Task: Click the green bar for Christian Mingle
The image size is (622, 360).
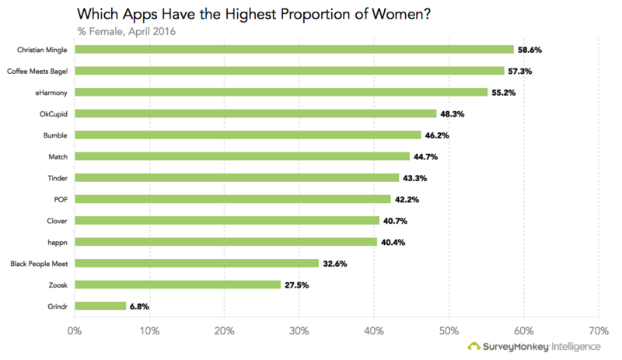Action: pyautogui.click(x=294, y=50)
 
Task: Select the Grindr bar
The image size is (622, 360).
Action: pyautogui.click(x=100, y=306)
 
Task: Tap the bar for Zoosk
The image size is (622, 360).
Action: pyautogui.click(x=177, y=285)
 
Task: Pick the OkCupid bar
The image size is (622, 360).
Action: pyautogui.click(x=256, y=114)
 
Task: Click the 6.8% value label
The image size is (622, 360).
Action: pyautogui.click(x=139, y=306)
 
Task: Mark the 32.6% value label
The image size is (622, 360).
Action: pyautogui.click(x=335, y=264)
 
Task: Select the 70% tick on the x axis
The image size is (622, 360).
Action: pyautogui.click(x=599, y=330)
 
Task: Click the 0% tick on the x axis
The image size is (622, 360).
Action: pyautogui.click(x=75, y=330)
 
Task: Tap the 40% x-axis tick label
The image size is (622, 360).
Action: pyautogui.click(x=374, y=330)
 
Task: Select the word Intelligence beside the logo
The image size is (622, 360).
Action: pyautogui.click(x=575, y=347)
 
